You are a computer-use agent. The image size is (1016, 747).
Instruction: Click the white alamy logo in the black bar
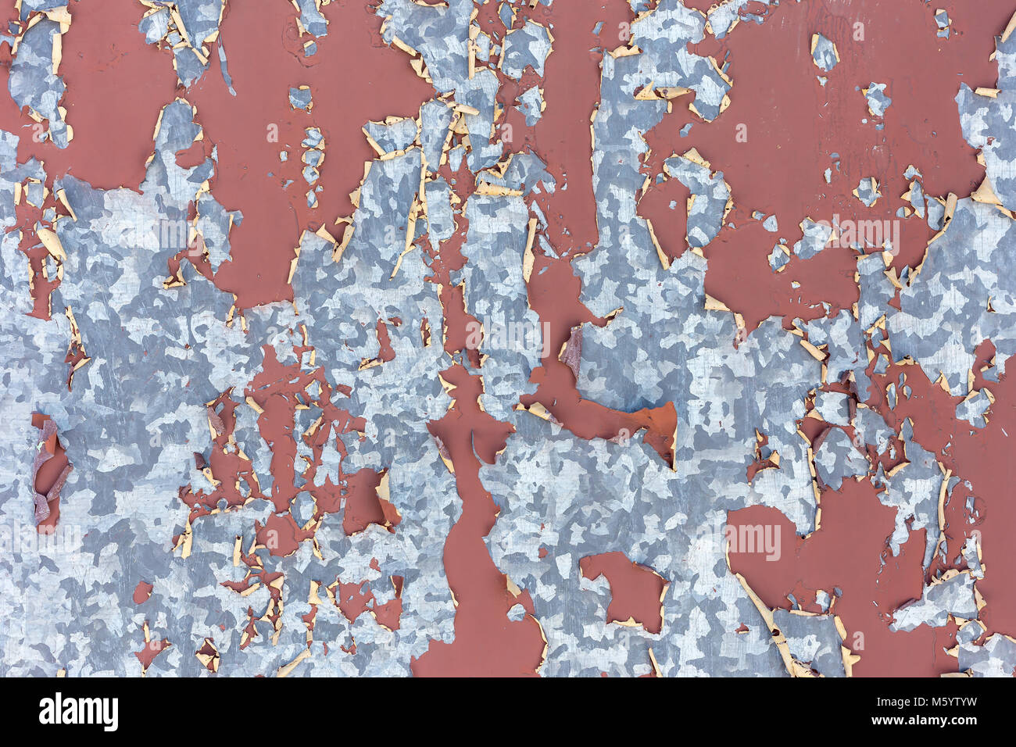point(78,712)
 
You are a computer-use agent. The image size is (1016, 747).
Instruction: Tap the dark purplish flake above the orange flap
point(571,351)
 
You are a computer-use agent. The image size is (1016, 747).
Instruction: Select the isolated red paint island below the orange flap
point(625,586)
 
